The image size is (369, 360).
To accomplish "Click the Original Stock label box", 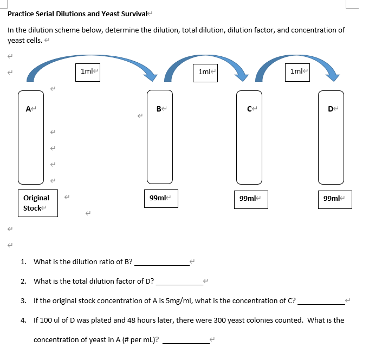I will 40,203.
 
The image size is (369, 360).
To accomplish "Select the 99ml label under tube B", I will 160,198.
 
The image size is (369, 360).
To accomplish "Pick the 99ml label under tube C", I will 250,199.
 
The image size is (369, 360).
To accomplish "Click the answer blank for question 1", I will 161,263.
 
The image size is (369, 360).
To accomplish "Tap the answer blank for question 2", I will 179,282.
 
